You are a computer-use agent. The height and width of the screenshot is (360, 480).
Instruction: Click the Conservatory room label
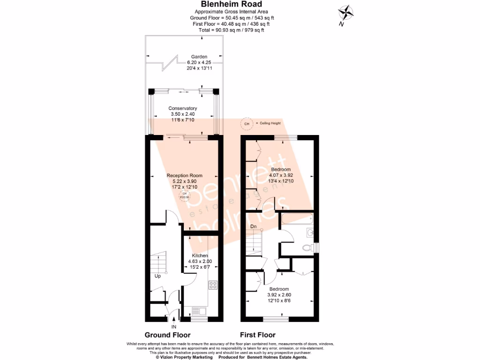click(x=183, y=108)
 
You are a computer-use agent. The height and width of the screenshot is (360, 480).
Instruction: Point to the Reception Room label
click(x=185, y=175)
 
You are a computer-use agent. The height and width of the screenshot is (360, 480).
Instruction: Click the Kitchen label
click(x=200, y=255)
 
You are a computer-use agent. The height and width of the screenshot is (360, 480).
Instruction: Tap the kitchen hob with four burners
click(x=212, y=285)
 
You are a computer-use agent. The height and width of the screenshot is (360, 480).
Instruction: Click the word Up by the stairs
click(x=158, y=276)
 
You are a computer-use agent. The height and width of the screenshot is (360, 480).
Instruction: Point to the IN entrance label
click(x=173, y=327)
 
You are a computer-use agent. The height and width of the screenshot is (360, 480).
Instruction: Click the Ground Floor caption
click(x=167, y=335)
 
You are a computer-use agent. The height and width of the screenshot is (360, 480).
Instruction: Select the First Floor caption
click(x=257, y=335)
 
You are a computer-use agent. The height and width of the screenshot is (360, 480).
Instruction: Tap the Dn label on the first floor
click(x=253, y=227)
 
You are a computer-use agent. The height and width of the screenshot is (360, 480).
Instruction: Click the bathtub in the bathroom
click(x=297, y=218)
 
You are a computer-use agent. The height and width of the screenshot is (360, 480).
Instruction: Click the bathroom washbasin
click(x=310, y=232)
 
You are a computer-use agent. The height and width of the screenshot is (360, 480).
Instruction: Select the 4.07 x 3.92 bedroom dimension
click(x=281, y=175)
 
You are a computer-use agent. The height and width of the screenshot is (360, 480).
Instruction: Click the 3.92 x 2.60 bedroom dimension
click(x=278, y=295)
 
